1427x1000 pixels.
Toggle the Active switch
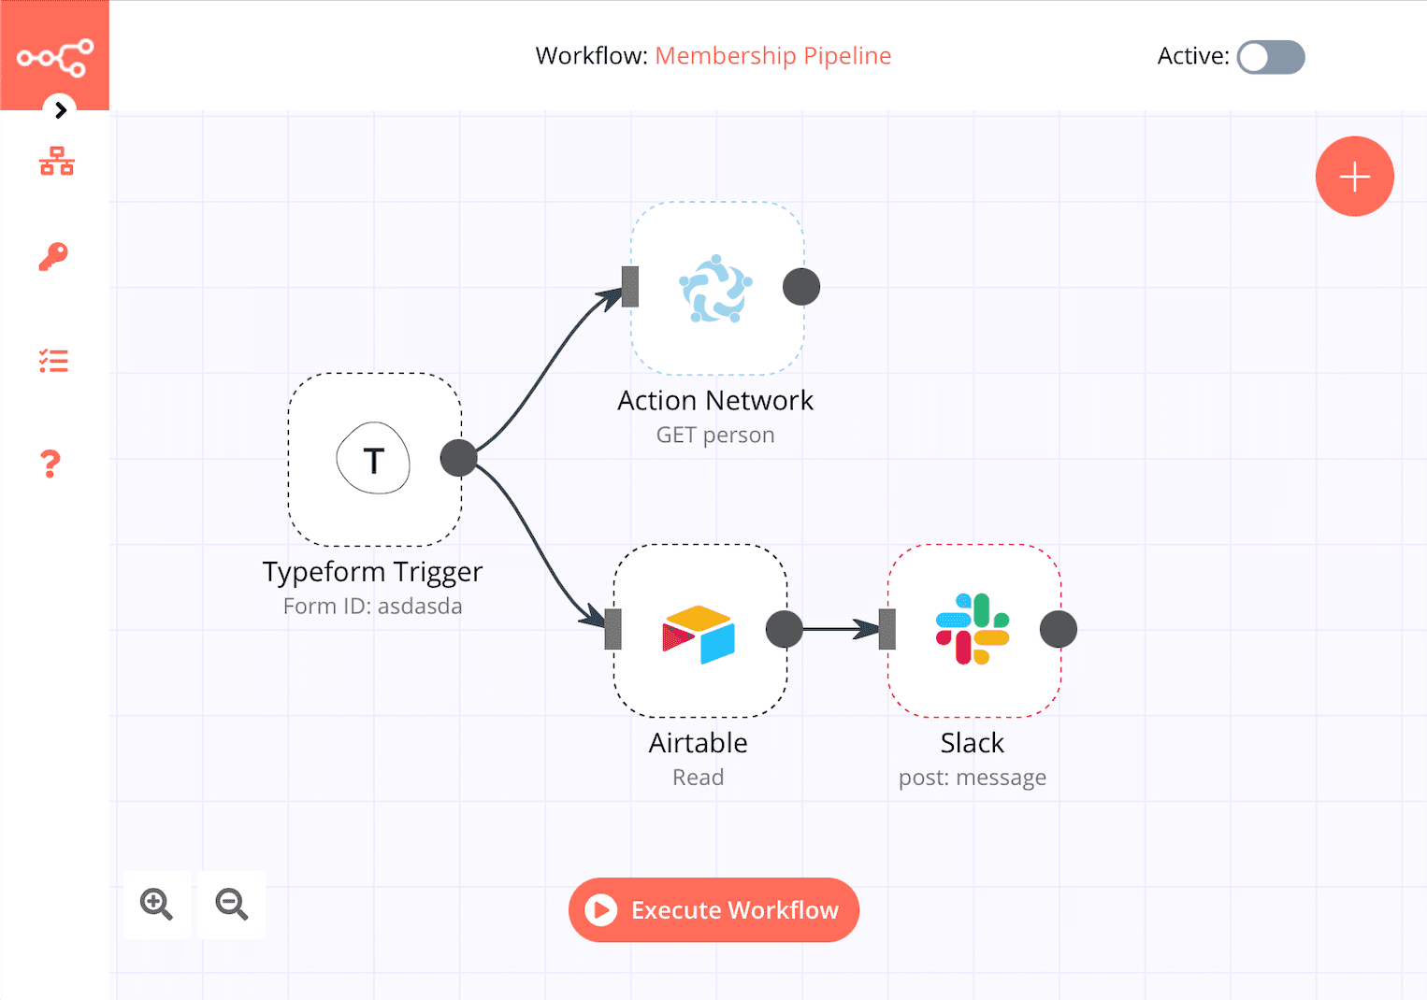click(x=1270, y=57)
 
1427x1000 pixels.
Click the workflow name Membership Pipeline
click(x=772, y=56)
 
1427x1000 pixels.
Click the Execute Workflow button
click(x=713, y=909)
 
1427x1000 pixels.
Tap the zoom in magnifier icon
click(x=156, y=904)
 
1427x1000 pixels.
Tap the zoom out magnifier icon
click(x=231, y=904)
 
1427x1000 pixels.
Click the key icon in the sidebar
click(x=53, y=256)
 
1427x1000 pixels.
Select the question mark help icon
click(x=50, y=464)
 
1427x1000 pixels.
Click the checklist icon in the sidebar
click(x=53, y=360)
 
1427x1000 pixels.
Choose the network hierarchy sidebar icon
click(x=56, y=162)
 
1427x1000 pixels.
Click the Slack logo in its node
click(x=973, y=629)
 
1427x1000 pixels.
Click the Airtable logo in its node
click(x=699, y=634)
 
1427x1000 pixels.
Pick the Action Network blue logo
click(x=715, y=289)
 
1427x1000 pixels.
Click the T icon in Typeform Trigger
click(x=373, y=460)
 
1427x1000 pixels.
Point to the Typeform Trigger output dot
click(x=458, y=458)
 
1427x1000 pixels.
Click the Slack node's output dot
click(x=1058, y=629)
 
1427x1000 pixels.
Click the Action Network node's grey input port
click(x=630, y=286)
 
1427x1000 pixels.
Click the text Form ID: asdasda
click(x=372, y=606)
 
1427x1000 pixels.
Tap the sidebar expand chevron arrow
click(x=61, y=110)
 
